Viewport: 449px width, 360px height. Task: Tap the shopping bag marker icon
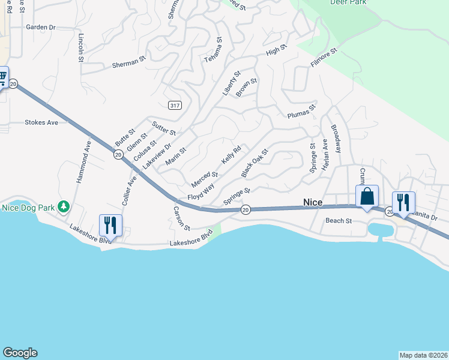(x=367, y=197)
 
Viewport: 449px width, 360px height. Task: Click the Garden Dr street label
(x=41, y=27)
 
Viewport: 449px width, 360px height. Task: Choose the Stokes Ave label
(x=41, y=122)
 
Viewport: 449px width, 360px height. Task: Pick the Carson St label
(x=181, y=219)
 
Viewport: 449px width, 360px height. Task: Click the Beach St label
(x=339, y=221)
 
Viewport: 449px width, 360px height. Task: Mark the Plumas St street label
(x=301, y=112)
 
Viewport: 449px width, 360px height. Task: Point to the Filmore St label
(x=324, y=58)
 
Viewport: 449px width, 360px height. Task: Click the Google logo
(x=20, y=353)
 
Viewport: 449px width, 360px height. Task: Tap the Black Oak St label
(x=254, y=164)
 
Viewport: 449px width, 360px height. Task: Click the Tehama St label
(x=213, y=50)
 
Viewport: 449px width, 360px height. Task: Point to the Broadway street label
(x=336, y=139)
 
